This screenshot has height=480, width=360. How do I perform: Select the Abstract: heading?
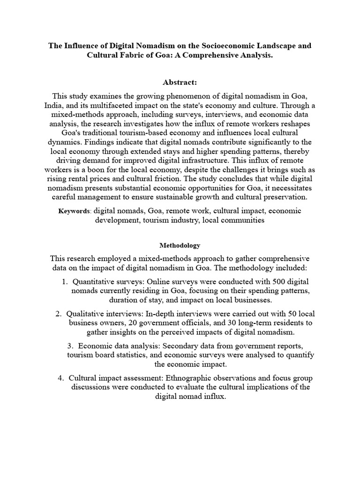(180, 82)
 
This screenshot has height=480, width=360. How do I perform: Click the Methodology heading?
(180, 245)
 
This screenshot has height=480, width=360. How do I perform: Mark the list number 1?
(64, 282)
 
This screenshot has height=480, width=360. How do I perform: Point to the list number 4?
(61, 378)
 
